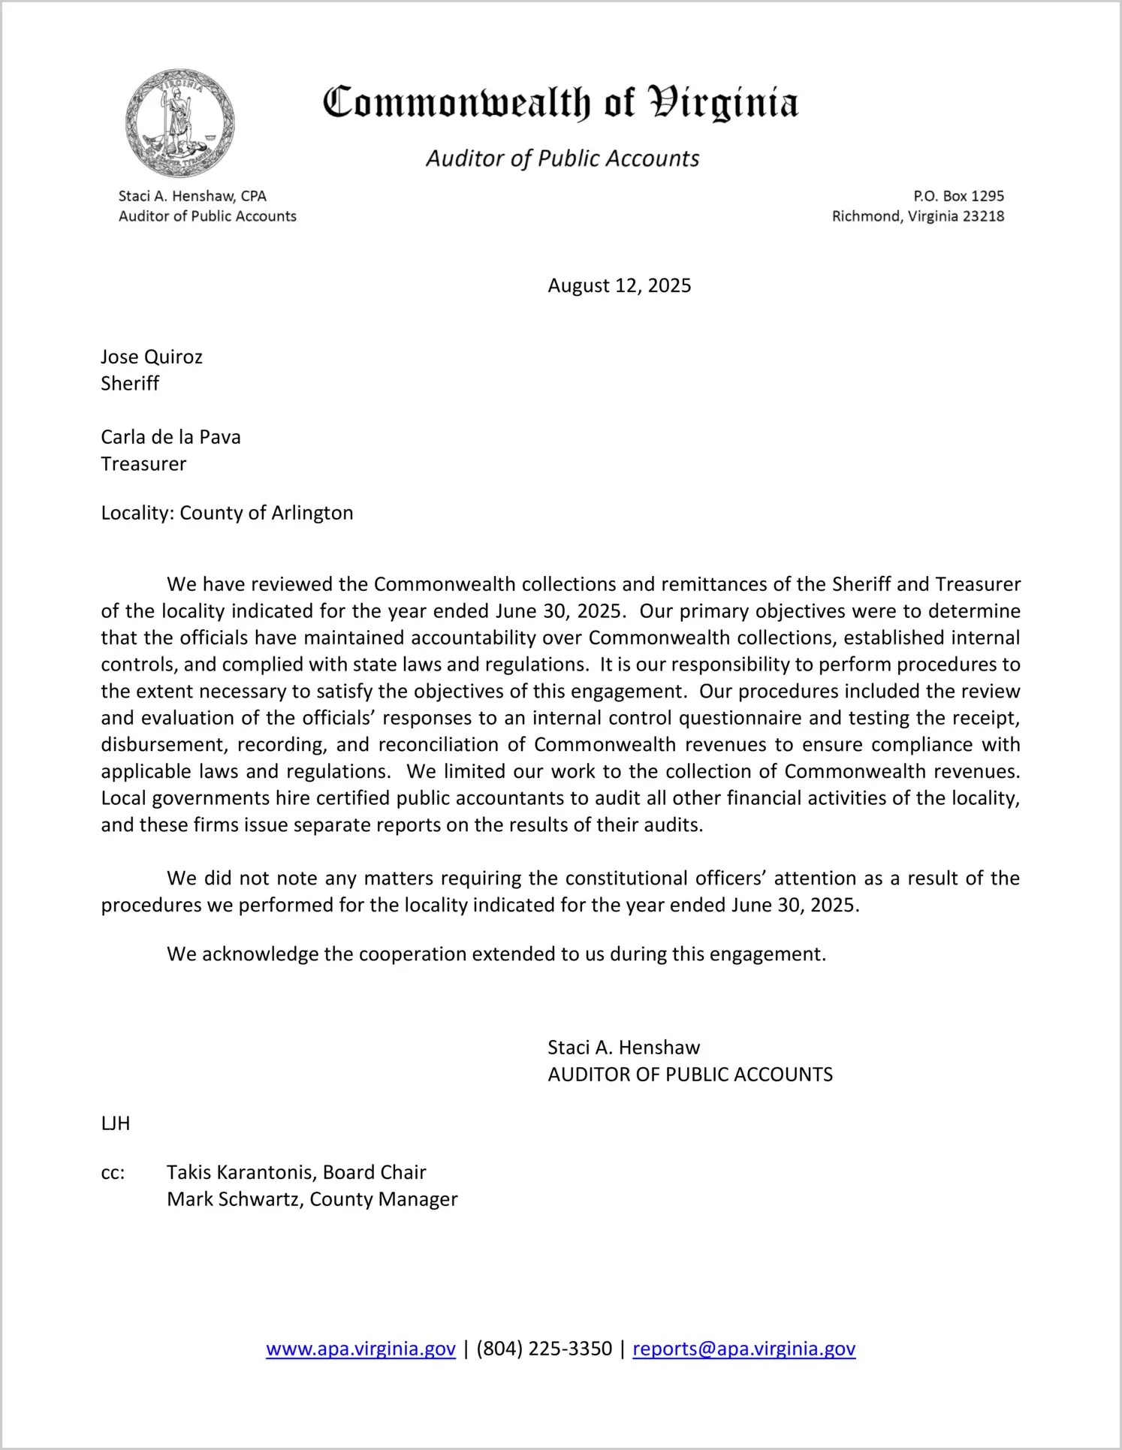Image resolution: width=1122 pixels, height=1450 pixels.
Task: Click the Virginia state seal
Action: pyautogui.click(x=180, y=123)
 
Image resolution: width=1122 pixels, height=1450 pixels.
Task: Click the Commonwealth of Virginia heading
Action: pyautogui.click(x=560, y=103)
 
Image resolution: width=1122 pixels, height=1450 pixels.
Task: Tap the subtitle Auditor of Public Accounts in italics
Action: pyautogui.click(x=563, y=158)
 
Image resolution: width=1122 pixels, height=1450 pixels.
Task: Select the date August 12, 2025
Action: pyautogui.click(x=619, y=285)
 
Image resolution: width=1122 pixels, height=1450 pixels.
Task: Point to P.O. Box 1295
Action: pyautogui.click(x=958, y=196)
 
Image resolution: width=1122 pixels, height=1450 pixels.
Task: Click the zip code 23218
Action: pyautogui.click(x=983, y=216)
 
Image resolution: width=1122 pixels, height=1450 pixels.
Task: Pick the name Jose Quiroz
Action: pyautogui.click(x=152, y=357)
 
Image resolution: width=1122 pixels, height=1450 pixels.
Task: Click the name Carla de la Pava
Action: pyautogui.click(x=170, y=437)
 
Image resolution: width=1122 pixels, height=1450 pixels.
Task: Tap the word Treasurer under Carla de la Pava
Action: pyautogui.click(x=143, y=464)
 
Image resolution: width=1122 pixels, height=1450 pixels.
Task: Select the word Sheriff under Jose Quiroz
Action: pyautogui.click(x=130, y=384)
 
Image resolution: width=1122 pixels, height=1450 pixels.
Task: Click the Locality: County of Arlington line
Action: pyautogui.click(x=227, y=513)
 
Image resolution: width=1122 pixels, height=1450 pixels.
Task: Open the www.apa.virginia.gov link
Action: pyautogui.click(x=360, y=1349)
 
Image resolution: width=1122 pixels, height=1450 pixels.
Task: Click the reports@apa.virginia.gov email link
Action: pyautogui.click(x=743, y=1349)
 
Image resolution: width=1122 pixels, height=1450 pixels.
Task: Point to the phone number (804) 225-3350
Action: pyautogui.click(x=544, y=1349)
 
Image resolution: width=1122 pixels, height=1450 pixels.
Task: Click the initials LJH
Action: pyautogui.click(x=116, y=1123)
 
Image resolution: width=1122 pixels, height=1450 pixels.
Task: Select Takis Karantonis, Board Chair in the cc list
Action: pyautogui.click(x=296, y=1172)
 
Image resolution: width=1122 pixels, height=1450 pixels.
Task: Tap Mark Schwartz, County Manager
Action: pyautogui.click(x=312, y=1199)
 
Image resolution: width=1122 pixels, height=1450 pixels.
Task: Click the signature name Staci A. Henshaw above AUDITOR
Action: pyautogui.click(x=623, y=1048)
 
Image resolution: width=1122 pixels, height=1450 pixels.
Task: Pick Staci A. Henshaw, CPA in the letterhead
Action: pyautogui.click(x=192, y=196)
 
